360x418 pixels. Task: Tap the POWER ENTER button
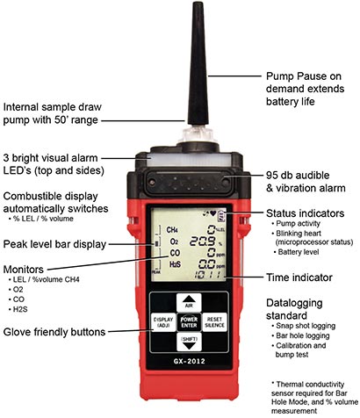tap(189, 322)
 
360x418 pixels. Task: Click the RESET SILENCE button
tap(214, 322)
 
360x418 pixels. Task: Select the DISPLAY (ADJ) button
tap(163, 322)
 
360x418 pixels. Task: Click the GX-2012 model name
tap(189, 361)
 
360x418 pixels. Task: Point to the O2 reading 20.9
tap(202, 241)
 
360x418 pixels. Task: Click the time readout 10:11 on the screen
tap(208, 275)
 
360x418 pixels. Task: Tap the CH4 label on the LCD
tap(172, 230)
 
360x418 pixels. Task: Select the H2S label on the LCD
tap(175, 264)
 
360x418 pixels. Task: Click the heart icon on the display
tap(212, 213)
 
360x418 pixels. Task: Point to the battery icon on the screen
tap(221, 214)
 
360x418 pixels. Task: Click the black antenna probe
tap(198, 64)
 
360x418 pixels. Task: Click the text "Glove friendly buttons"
tap(54, 332)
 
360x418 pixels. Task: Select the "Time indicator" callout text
tap(299, 277)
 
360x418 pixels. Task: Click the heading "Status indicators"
tap(305, 213)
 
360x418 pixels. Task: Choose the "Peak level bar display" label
tap(54, 244)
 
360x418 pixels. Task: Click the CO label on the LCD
tap(175, 253)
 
